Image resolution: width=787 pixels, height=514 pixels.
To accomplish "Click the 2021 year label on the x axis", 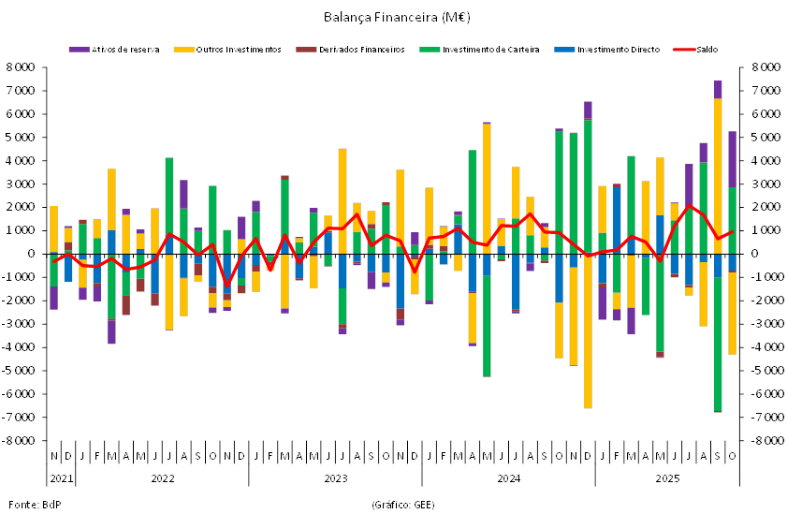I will [x=62, y=478].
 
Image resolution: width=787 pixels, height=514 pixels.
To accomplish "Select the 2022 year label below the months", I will [x=163, y=478].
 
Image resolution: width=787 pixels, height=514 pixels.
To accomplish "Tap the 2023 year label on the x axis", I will [x=335, y=478].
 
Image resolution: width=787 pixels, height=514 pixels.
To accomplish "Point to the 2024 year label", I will [x=508, y=478].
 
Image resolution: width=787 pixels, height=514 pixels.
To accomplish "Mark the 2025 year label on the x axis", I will [x=667, y=478].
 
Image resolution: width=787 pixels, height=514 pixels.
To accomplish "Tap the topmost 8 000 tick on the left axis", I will [x=20, y=67].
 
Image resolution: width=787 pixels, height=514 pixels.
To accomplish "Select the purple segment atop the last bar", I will [x=733, y=159].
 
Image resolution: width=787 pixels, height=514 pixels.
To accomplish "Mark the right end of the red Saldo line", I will [x=733, y=231].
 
